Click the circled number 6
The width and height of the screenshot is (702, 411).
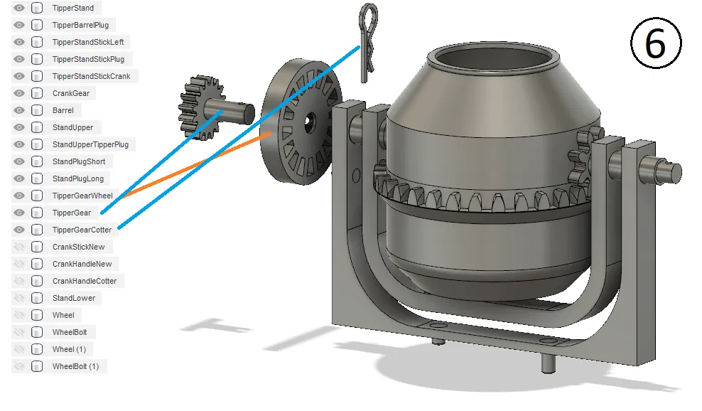655,44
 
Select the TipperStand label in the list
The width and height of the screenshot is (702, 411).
73,8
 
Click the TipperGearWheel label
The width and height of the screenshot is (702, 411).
82,196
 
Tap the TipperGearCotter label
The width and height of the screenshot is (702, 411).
82,230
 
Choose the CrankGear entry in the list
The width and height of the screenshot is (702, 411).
70,93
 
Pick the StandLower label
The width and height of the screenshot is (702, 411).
74,298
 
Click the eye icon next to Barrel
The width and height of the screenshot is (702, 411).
19,110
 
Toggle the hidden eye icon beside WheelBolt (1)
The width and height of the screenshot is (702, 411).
19,366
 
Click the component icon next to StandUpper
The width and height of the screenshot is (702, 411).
37,127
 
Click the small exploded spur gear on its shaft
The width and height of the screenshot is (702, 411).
202,107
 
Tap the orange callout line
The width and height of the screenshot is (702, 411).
199,163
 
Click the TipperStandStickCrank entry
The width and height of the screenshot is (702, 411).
91,76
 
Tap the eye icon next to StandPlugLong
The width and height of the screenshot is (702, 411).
19,178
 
